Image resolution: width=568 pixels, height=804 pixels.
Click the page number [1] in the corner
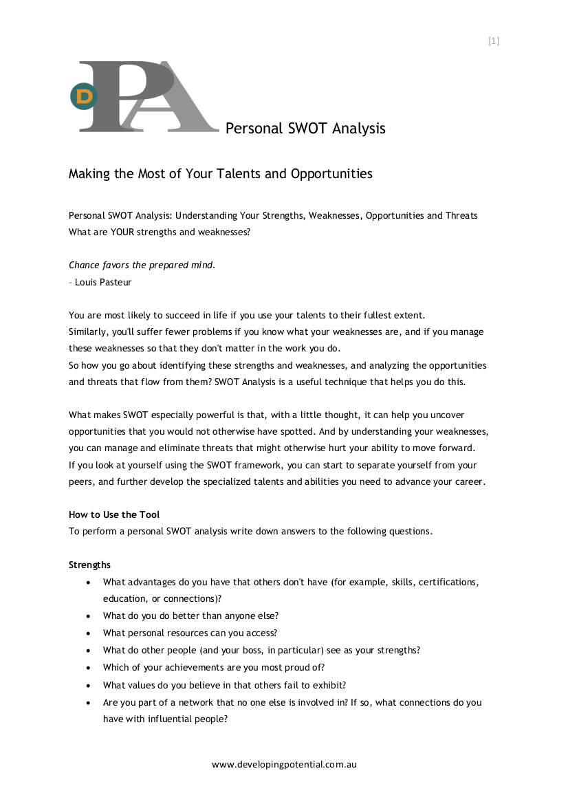coord(493,41)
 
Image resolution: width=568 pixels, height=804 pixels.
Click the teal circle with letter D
coord(84,97)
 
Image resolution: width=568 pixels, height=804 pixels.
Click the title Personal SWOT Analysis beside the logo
coord(305,128)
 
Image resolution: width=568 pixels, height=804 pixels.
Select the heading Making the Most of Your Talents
coord(220,173)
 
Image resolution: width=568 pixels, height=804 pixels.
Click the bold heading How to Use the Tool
coord(114,514)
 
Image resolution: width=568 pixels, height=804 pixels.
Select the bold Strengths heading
coord(89,565)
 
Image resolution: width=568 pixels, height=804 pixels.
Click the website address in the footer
coord(284,764)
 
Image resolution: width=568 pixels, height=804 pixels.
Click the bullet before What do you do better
coord(89,616)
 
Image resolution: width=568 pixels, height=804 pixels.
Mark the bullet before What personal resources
coord(89,633)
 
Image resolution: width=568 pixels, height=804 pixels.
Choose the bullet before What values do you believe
coord(89,685)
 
